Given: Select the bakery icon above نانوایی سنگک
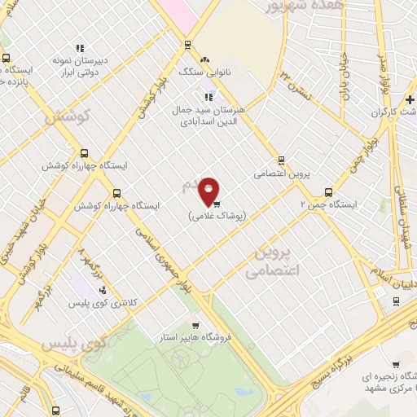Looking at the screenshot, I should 205,59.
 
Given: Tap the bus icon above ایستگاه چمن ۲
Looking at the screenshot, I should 328,192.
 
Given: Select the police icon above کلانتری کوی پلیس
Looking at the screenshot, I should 103,289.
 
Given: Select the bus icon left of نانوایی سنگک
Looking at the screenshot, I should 188,46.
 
